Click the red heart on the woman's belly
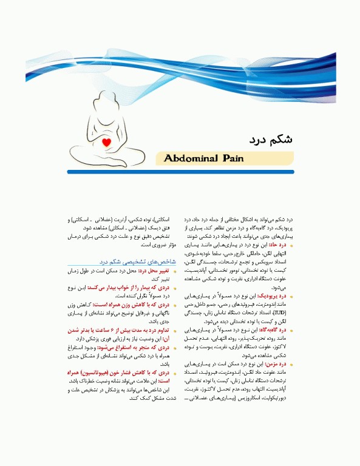[x=107, y=144]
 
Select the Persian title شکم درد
[x=271, y=139]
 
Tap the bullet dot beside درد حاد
[x=293, y=246]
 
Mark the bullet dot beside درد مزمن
[x=293, y=365]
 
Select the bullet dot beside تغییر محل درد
[x=176, y=271]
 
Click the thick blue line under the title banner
[x=182, y=172]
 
